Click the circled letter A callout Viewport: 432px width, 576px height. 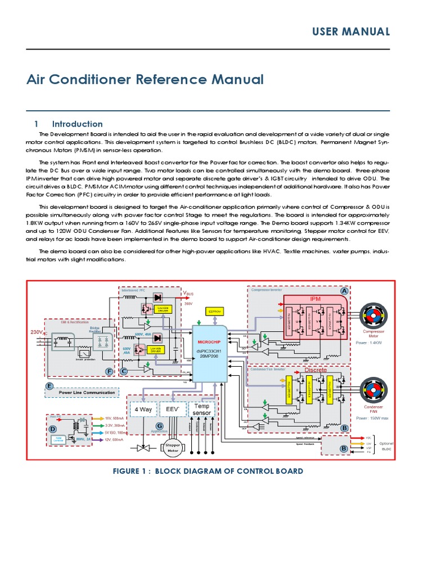343,291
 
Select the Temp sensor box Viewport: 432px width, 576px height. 202,409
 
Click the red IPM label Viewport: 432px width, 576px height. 315,299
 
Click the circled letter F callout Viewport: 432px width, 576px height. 109,372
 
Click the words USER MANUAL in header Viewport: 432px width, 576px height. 352,32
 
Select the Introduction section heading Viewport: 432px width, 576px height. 77,124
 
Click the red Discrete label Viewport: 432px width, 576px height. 315,370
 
